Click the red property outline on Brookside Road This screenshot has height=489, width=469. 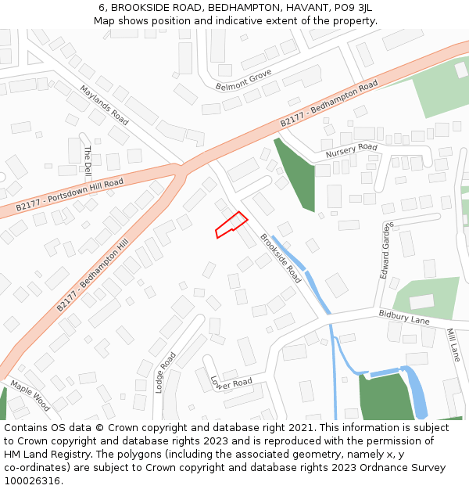tap(231, 225)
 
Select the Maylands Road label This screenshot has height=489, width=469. tap(104, 106)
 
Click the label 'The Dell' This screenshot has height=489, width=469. tap(88, 160)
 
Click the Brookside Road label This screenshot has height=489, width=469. tap(281, 258)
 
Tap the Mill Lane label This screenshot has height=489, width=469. tap(453, 344)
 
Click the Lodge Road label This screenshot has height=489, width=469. tap(166, 372)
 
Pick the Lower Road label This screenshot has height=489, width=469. tap(231, 382)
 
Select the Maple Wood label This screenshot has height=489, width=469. tap(30, 396)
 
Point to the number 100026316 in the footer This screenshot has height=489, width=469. tap(32, 480)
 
